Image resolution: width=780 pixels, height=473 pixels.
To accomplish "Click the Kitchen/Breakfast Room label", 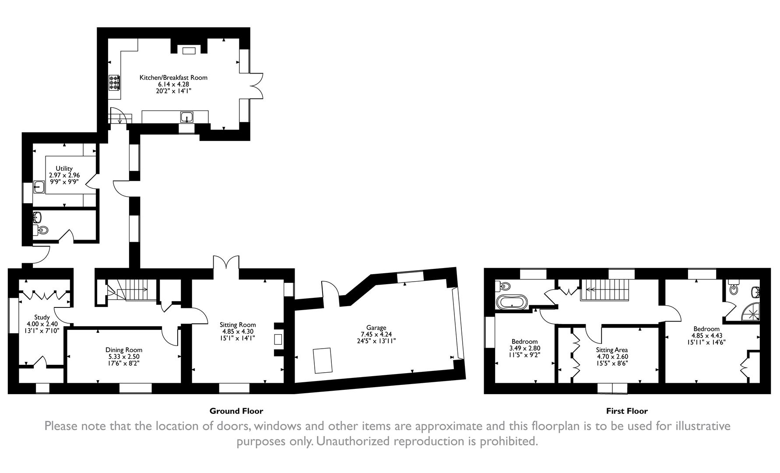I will [x=173, y=78].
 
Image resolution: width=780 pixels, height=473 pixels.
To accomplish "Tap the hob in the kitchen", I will [x=114, y=83].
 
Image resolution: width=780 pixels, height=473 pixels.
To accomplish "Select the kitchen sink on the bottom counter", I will [x=187, y=117].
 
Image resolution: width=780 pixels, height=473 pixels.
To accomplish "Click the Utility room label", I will [x=64, y=169].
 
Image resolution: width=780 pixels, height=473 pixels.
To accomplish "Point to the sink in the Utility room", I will [x=39, y=187].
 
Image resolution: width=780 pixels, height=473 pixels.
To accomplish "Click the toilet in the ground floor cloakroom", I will [x=42, y=230].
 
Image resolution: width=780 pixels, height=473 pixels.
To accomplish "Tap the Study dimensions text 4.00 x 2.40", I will [x=42, y=324].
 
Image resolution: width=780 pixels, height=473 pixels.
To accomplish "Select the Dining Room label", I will [x=124, y=350].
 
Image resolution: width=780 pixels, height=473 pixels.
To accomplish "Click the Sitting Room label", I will [x=237, y=325].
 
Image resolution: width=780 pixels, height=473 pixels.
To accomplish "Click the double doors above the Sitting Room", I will [x=226, y=263].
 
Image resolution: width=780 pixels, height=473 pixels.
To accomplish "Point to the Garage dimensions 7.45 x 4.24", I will [x=376, y=334].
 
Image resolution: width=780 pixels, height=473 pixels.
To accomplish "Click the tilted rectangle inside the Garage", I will [x=323, y=360].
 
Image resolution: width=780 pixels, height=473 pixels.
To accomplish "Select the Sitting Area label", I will [x=612, y=350].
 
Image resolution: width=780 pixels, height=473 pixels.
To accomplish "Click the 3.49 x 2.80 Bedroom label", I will [x=525, y=342].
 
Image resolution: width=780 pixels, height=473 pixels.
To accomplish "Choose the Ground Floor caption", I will [x=236, y=411].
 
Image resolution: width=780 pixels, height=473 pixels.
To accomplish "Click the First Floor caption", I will [x=627, y=411].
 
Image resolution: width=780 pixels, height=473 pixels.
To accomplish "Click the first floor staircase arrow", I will [x=590, y=289].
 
